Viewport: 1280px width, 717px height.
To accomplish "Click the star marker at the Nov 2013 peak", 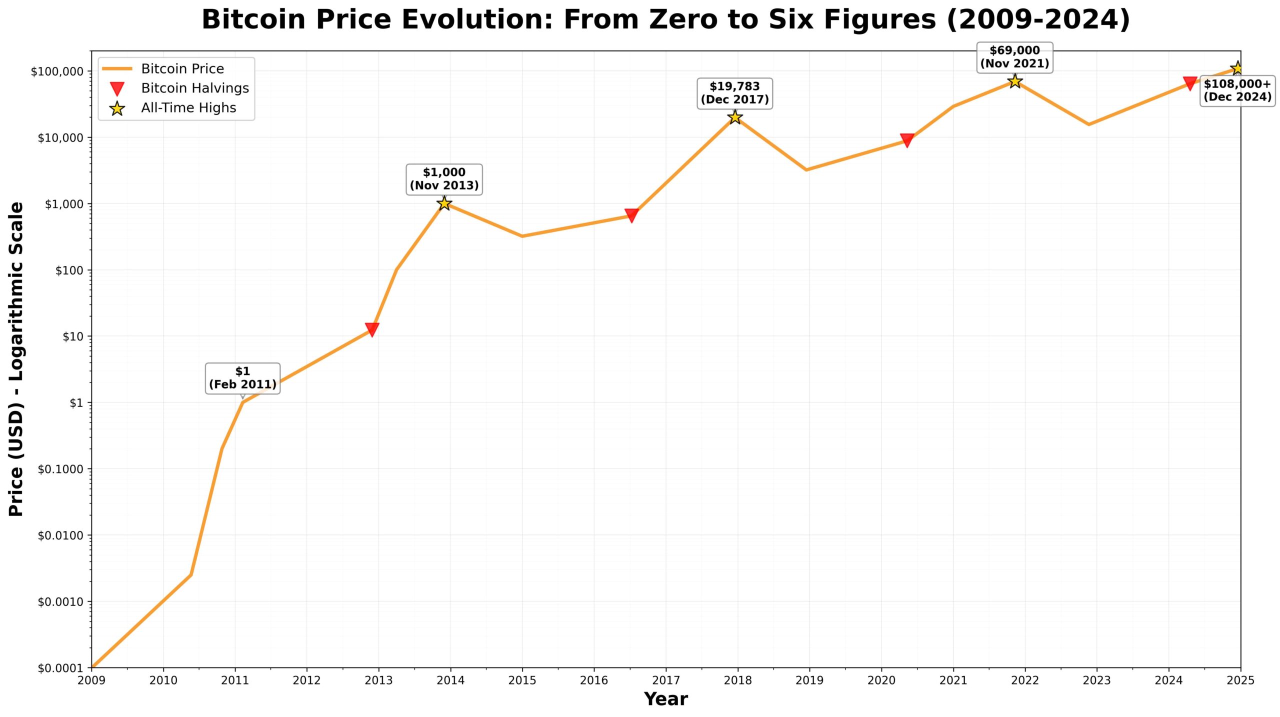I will [x=444, y=203].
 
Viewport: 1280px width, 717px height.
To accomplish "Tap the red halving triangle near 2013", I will [x=371, y=329].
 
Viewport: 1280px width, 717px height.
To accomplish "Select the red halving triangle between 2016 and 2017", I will [x=631, y=215].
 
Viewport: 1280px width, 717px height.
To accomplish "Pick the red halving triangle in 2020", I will [x=907, y=140].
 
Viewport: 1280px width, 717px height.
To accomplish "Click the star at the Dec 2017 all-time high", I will [x=734, y=117].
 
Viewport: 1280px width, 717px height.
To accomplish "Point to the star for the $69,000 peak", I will [x=1014, y=81].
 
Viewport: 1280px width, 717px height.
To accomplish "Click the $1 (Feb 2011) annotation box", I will [x=242, y=378].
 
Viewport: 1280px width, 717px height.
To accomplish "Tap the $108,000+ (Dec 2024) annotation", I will [x=1237, y=90].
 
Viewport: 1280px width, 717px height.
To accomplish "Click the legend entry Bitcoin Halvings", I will [x=194, y=88].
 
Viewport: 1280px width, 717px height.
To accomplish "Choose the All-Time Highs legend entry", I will [x=188, y=107].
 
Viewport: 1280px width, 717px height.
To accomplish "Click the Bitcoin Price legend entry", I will [x=182, y=68].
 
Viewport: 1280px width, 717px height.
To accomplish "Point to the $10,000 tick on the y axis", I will [x=60, y=137].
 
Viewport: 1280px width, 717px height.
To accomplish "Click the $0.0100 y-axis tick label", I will [x=60, y=535].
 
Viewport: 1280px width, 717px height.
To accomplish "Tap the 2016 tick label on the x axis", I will [x=594, y=680].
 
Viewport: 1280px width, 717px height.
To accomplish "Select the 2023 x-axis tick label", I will [x=1096, y=680].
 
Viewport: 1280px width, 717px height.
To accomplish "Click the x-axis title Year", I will [x=665, y=699].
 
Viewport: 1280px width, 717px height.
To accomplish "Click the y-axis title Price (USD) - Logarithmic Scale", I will [x=16, y=358].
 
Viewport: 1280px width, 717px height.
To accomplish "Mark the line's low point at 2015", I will [x=522, y=236].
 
